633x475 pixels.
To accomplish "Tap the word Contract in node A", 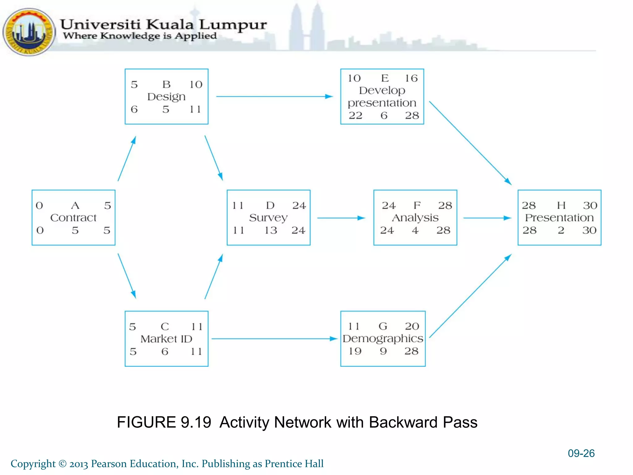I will (x=73, y=218).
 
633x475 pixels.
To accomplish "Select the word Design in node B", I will (x=166, y=97).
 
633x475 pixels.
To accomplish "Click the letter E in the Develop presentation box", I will (x=384, y=78).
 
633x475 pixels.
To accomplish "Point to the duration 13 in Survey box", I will (x=270, y=230).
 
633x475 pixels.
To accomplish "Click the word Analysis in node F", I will (x=415, y=218).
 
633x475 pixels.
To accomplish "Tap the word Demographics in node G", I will (x=383, y=339).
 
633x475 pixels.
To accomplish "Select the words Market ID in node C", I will (x=166, y=339).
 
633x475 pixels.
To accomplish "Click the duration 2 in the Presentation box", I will (x=561, y=230).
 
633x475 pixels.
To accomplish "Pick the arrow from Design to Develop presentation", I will (x=274, y=96).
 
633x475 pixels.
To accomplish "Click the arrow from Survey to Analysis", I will (x=341, y=218).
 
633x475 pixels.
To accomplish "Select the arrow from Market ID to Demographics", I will (x=274, y=339).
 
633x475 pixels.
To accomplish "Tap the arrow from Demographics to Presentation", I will (x=470, y=296).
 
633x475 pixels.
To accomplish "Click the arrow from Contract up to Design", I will (x=127, y=159).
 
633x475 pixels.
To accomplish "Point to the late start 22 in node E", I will (x=355, y=116).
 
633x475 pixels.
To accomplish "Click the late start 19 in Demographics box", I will (x=355, y=351).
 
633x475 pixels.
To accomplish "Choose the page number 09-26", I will (x=581, y=453).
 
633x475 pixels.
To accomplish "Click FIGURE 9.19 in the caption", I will (x=164, y=422).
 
